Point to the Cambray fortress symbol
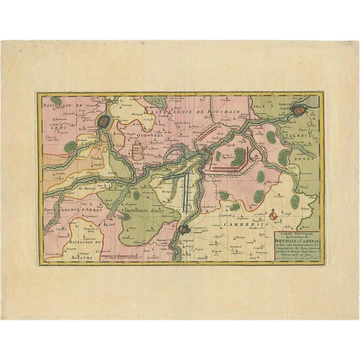pos(186,229)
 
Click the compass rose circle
pos(273,215)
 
